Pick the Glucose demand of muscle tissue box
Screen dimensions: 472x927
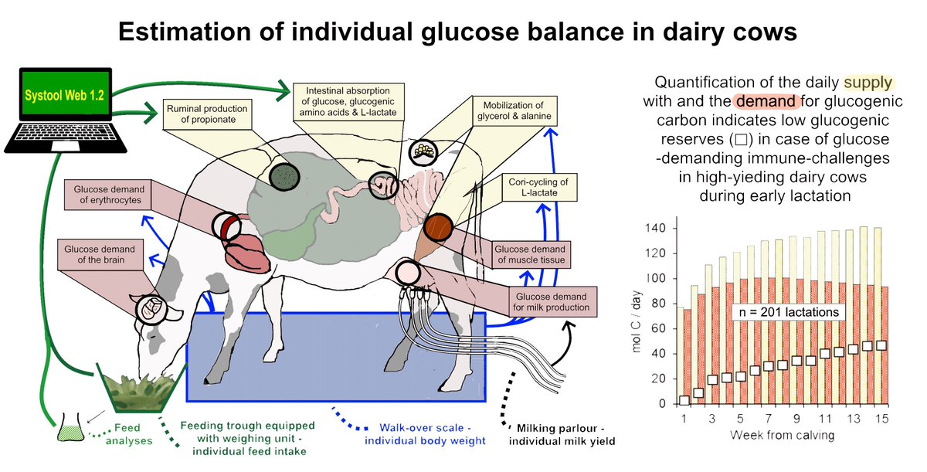point(531,254)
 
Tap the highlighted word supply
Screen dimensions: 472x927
point(868,83)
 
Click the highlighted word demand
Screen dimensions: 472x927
point(761,102)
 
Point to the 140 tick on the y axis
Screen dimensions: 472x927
point(655,229)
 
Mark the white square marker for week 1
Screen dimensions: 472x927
point(684,399)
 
